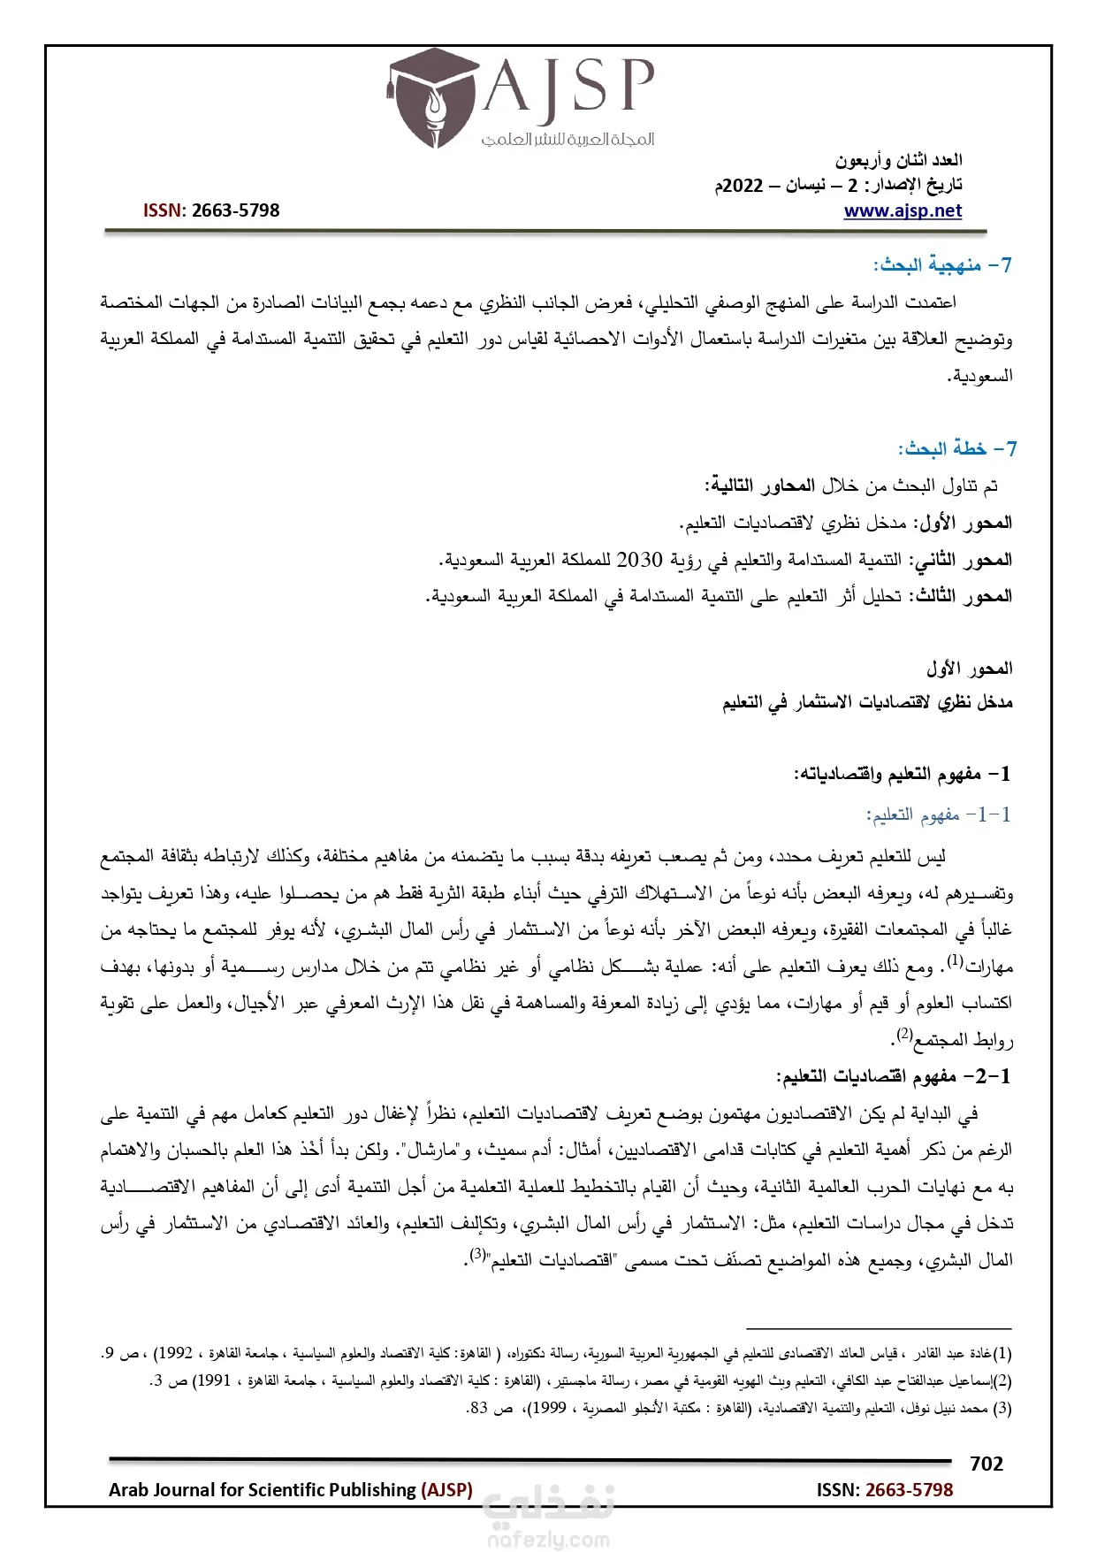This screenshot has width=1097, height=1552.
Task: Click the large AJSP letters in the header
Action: (x=568, y=86)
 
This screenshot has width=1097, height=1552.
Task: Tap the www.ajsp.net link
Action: (x=903, y=210)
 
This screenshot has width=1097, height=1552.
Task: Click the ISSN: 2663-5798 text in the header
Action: (x=211, y=210)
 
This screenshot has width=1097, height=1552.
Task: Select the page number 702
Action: (x=986, y=1464)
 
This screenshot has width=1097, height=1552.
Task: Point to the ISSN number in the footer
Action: (x=909, y=1489)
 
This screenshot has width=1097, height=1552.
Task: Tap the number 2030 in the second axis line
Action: (x=639, y=560)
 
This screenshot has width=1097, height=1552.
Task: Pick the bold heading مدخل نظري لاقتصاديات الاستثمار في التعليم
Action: (x=867, y=702)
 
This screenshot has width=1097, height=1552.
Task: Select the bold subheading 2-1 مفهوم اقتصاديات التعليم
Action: (x=893, y=1076)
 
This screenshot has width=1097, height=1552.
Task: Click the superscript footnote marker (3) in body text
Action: (x=478, y=1254)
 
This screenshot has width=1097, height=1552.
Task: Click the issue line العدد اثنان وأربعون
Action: (x=898, y=160)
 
